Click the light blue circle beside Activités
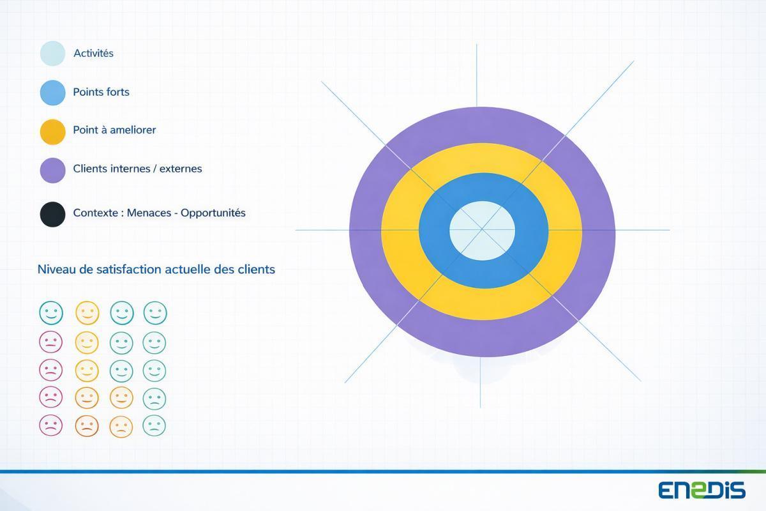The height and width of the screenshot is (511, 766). (52, 54)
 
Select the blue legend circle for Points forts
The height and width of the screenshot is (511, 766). (52, 93)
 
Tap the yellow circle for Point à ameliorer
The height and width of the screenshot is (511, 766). (52, 132)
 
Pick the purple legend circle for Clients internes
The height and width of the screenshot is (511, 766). (52, 171)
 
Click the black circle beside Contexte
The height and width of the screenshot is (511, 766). (52, 214)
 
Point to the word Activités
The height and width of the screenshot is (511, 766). (93, 54)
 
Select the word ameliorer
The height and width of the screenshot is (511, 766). (133, 130)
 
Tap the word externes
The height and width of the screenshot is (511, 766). (181, 169)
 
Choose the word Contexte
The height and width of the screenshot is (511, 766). (96, 213)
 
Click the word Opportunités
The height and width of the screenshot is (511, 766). (213, 213)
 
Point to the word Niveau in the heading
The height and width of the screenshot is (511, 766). (56, 270)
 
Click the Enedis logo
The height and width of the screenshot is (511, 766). (702, 489)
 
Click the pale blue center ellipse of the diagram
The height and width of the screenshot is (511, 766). (482, 231)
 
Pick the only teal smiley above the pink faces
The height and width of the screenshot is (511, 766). (51, 313)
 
